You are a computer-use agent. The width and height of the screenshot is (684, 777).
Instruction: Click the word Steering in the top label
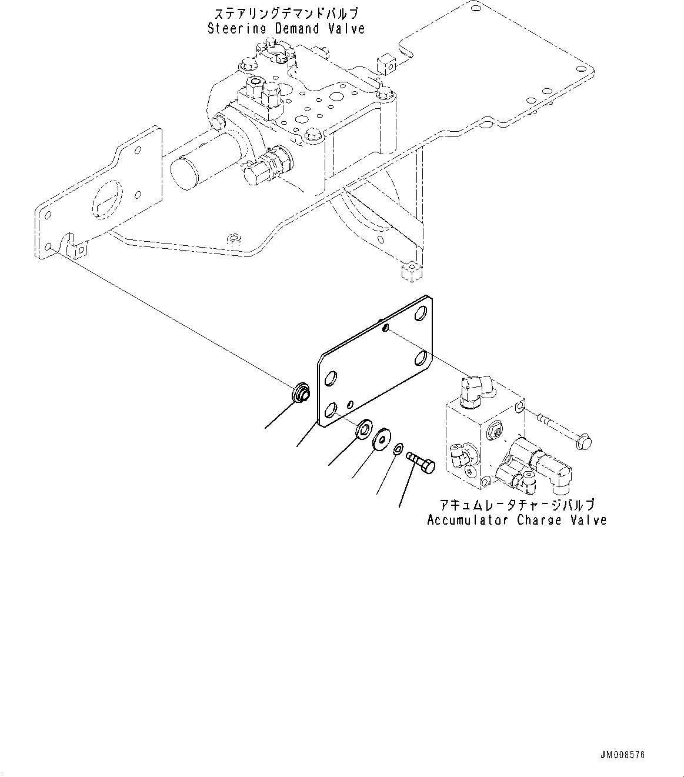[x=234, y=28]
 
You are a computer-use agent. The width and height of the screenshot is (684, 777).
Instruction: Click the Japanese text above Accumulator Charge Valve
[x=516, y=505]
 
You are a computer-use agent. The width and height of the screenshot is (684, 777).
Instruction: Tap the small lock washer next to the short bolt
[x=398, y=449]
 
